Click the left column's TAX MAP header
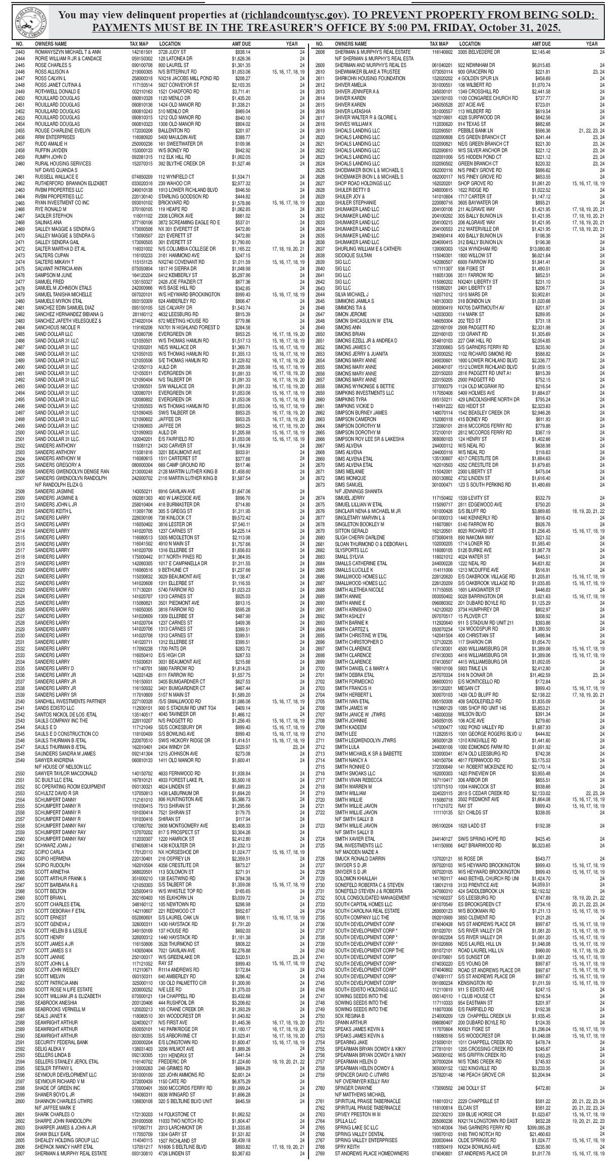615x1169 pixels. pos(139,44)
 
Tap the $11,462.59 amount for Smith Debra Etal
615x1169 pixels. pos(540,676)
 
